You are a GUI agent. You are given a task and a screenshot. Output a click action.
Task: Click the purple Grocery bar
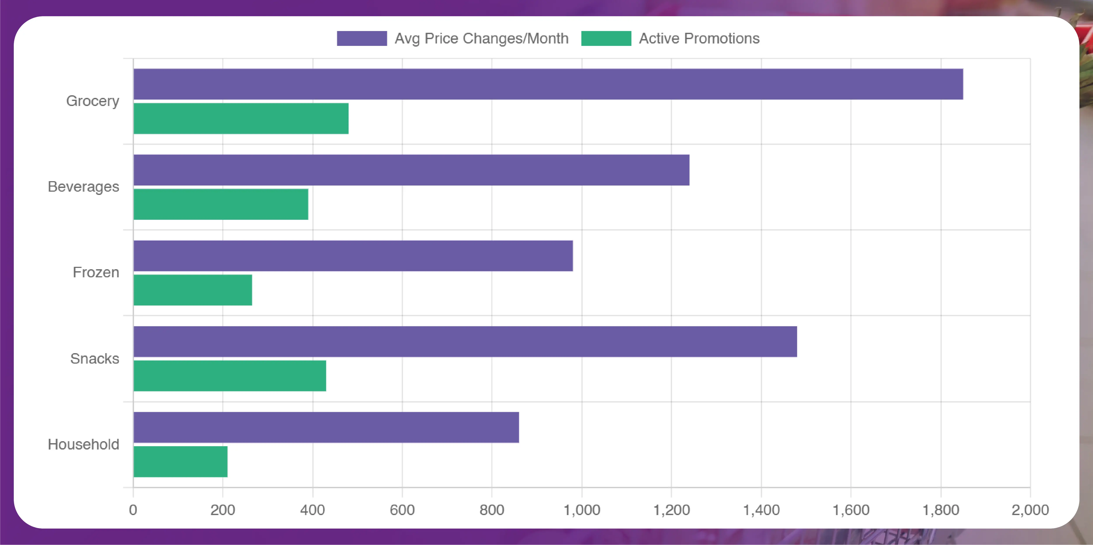pos(548,84)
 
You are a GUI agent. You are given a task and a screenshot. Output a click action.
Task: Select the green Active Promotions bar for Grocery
pos(241,118)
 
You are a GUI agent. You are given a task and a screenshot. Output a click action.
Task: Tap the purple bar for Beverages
pos(412,170)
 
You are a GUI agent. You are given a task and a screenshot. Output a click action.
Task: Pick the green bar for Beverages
pos(221,204)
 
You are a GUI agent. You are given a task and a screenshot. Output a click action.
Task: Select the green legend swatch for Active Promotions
pos(606,38)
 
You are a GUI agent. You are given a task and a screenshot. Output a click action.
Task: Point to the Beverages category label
pos(83,187)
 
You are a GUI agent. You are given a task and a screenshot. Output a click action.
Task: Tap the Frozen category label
pos(96,272)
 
